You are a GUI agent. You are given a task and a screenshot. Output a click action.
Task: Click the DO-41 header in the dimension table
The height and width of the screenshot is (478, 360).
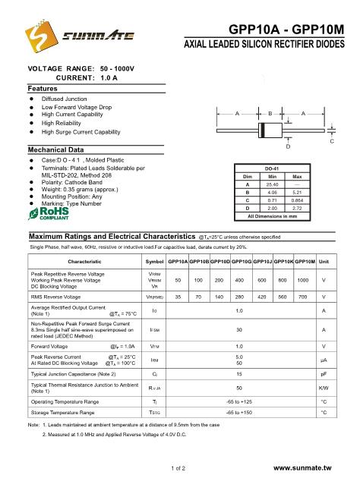coord(271,168)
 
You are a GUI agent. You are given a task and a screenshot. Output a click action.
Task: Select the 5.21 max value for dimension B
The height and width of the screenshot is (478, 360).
coord(297,193)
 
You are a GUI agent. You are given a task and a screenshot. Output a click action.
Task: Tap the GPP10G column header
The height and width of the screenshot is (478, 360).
coord(241,261)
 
